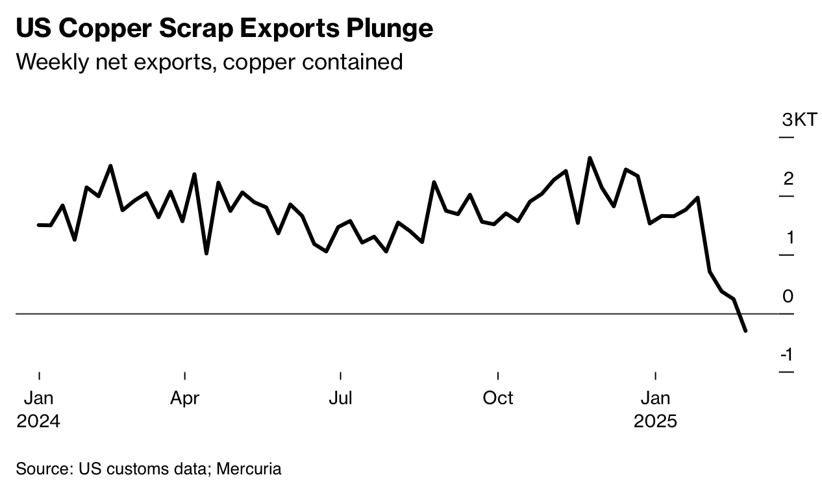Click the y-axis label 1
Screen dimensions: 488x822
(x=789, y=238)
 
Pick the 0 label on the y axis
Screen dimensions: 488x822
(x=788, y=296)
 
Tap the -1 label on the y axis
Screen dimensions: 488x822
(x=786, y=354)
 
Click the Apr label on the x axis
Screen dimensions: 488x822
(x=185, y=398)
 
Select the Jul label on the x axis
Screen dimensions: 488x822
(x=340, y=398)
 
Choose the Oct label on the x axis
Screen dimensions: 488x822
(x=498, y=398)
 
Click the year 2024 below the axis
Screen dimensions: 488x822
(x=38, y=421)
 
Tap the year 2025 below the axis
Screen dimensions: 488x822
(x=655, y=421)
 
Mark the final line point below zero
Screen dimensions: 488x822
(x=745, y=330)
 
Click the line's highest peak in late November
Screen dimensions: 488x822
(x=590, y=158)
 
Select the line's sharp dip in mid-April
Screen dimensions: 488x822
(x=206, y=253)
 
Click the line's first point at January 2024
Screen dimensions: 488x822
(x=39, y=225)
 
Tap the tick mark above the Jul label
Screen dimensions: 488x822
(x=340, y=375)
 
